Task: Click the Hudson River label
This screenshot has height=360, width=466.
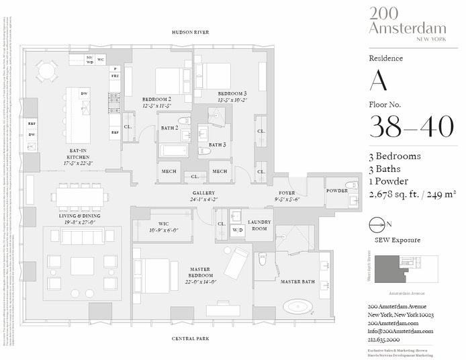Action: tap(191, 32)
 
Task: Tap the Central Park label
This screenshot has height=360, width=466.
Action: tap(191, 339)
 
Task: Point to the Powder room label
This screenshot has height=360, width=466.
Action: tap(337, 190)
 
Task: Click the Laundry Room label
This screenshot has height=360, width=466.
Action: tap(260, 225)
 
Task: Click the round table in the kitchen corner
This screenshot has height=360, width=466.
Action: tap(46, 69)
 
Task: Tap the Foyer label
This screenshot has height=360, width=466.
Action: tap(287, 193)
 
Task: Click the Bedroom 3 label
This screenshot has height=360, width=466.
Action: tap(232, 93)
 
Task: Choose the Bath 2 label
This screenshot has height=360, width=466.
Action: tap(169, 127)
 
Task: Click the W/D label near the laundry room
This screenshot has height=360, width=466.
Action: tap(237, 230)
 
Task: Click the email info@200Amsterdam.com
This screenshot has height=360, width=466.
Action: tap(401, 331)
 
